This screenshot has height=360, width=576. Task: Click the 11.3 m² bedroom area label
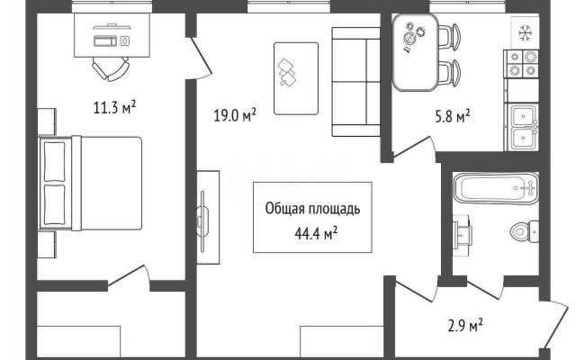(x=114, y=108)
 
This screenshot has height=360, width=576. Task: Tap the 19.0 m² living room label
(x=235, y=115)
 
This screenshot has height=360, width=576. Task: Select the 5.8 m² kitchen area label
(x=453, y=116)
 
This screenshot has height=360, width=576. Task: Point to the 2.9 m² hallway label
(x=465, y=326)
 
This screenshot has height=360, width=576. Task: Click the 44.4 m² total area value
(x=316, y=234)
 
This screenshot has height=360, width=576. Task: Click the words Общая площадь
(x=312, y=209)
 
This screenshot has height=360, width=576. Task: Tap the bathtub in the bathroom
(x=496, y=188)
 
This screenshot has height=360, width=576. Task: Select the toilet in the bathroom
(x=525, y=231)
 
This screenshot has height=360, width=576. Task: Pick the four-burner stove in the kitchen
(x=522, y=64)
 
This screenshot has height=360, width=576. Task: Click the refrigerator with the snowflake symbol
(x=526, y=33)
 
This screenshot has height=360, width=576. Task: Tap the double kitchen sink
(x=523, y=128)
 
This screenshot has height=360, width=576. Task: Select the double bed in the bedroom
(x=90, y=184)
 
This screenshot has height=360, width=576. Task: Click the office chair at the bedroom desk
(x=110, y=68)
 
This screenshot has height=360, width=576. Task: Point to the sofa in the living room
(x=356, y=82)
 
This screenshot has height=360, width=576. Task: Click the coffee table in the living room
(x=296, y=78)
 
